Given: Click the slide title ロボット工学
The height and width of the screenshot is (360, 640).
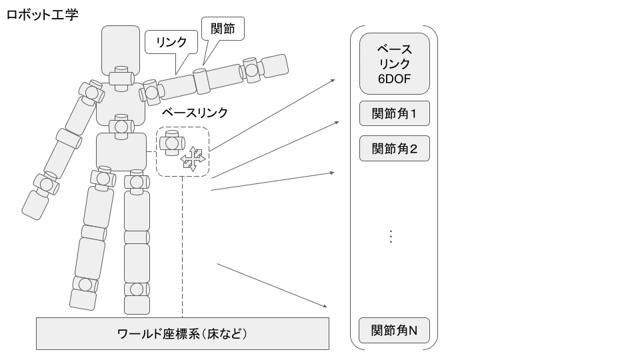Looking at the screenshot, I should pyautogui.click(x=42, y=13).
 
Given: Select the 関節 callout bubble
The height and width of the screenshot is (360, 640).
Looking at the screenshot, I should pyautogui.click(x=223, y=29).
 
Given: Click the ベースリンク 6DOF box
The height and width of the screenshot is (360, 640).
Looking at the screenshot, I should pyautogui.click(x=394, y=65).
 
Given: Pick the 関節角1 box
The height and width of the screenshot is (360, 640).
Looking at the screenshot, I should pyautogui.click(x=394, y=114).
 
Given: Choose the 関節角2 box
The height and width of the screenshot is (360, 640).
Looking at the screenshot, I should pyautogui.click(x=394, y=148).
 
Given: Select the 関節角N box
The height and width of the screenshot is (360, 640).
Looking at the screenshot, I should pyautogui.click(x=394, y=330).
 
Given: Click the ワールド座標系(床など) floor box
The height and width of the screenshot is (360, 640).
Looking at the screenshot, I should pyautogui.click(x=182, y=333).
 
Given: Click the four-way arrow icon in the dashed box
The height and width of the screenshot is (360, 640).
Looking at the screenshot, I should pyautogui.click(x=193, y=159).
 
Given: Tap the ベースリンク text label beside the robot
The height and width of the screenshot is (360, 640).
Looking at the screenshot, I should pyautogui.click(x=195, y=113).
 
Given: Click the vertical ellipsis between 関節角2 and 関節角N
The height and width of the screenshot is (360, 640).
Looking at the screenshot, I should pyautogui.click(x=391, y=237).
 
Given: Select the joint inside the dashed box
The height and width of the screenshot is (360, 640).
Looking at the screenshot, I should pyautogui.click(x=171, y=142).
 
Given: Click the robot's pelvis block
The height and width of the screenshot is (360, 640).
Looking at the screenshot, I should pyautogui.click(x=121, y=151).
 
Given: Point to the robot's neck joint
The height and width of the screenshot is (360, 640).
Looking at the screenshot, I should pyautogui.click(x=121, y=77).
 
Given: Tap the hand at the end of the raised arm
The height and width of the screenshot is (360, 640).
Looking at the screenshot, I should pyautogui.click(x=275, y=66).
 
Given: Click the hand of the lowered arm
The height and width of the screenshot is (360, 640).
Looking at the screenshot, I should pyautogui.click(x=35, y=205).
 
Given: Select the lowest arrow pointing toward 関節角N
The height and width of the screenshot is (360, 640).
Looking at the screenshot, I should pyautogui.click(x=272, y=285).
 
